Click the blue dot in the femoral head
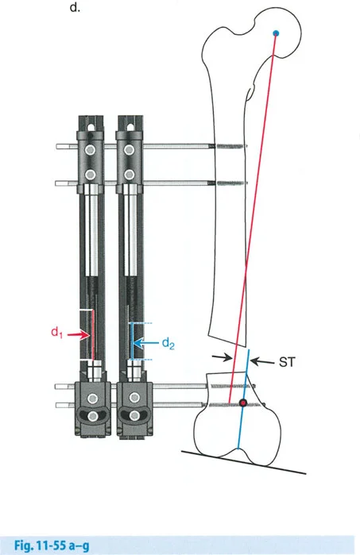(276, 33)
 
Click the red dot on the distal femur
(243, 403)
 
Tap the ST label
(287, 362)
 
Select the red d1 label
(56, 333)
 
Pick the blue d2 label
(168, 343)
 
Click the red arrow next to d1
(78, 334)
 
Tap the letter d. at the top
(75, 7)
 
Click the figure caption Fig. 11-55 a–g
(52, 545)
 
